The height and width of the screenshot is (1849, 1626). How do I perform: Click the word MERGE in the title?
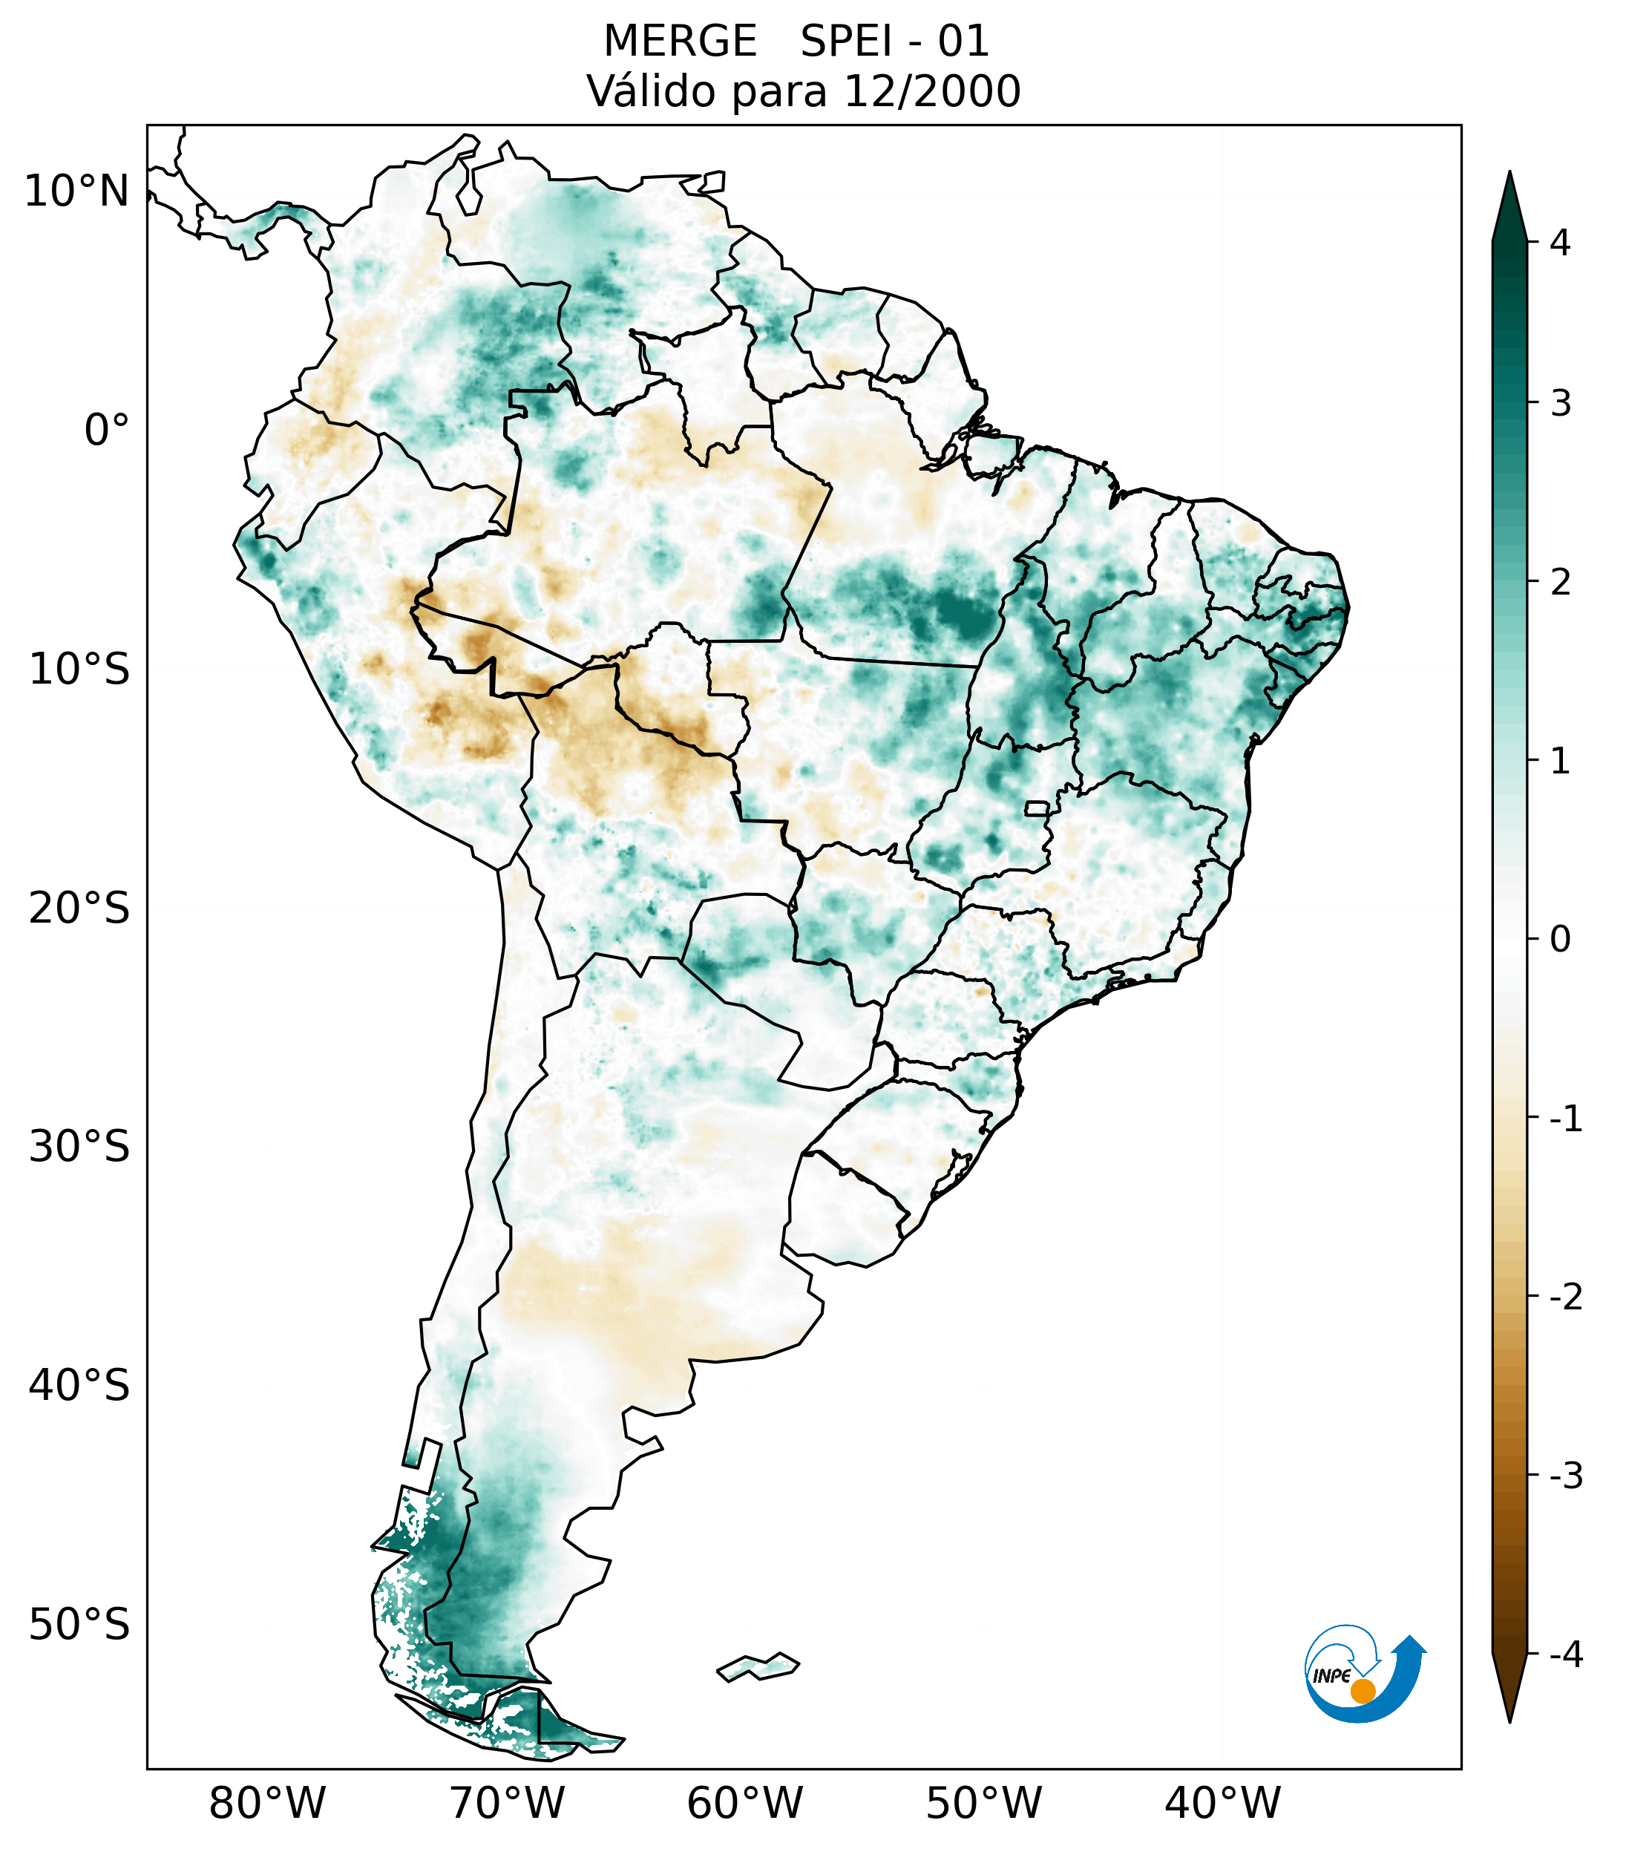[680, 42]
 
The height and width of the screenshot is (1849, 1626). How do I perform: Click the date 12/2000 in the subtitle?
[932, 91]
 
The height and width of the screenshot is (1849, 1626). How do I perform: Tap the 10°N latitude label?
[77, 192]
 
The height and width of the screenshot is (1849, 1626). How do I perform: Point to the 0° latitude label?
[107, 431]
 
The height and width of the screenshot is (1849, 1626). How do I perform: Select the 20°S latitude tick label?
[79, 909]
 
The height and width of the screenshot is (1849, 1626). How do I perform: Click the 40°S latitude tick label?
[79, 1386]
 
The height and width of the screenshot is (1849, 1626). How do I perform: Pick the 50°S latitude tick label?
[79, 1626]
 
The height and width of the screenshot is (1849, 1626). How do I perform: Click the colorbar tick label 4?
[1560, 243]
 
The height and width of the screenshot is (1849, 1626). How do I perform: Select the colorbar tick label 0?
[1560, 940]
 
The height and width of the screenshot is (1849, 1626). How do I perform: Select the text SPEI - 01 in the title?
[894, 42]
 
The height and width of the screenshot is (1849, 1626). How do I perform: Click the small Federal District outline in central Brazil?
[1036, 808]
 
